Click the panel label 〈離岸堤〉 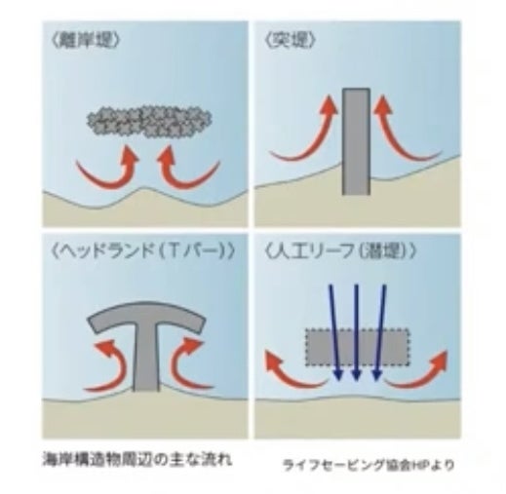pos(86,42)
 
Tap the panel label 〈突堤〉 pos(291,41)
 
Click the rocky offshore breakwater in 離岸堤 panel pos(149,122)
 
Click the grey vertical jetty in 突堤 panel pos(356,141)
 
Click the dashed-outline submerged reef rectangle pos(357,348)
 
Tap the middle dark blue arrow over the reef pos(357,332)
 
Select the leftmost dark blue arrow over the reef pos(334,332)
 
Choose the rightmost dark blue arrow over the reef pos(380,332)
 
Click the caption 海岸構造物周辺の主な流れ pos(137,460)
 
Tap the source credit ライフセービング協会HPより pos(369,465)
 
